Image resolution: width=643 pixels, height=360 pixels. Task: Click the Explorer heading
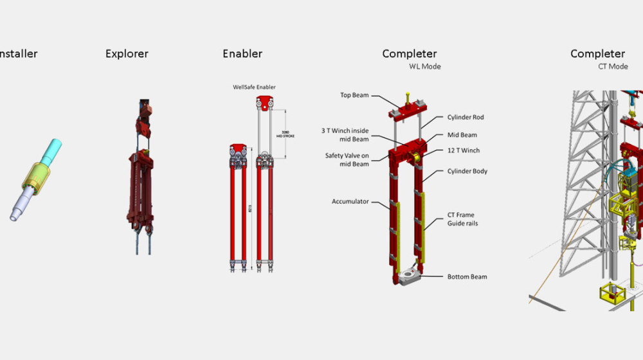click(127, 54)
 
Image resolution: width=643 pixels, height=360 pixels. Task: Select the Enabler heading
click(242, 54)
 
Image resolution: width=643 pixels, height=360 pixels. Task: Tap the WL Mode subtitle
click(425, 67)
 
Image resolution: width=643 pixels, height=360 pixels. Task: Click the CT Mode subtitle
click(612, 67)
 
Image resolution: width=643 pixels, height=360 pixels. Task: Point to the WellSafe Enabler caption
click(254, 87)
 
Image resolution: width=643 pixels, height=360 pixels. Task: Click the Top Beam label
click(354, 95)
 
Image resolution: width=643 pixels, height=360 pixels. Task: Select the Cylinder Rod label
click(466, 118)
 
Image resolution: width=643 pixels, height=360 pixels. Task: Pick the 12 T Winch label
click(463, 151)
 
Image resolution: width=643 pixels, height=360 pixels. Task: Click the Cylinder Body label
click(467, 172)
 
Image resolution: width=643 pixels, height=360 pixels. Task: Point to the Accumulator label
click(350, 202)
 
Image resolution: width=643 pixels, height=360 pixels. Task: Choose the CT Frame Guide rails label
click(462, 219)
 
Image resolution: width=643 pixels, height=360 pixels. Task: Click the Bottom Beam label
click(467, 277)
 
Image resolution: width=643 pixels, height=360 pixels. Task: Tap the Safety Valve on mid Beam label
click(347, 160)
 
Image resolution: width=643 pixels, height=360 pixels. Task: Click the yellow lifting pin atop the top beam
click(406, 96)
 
